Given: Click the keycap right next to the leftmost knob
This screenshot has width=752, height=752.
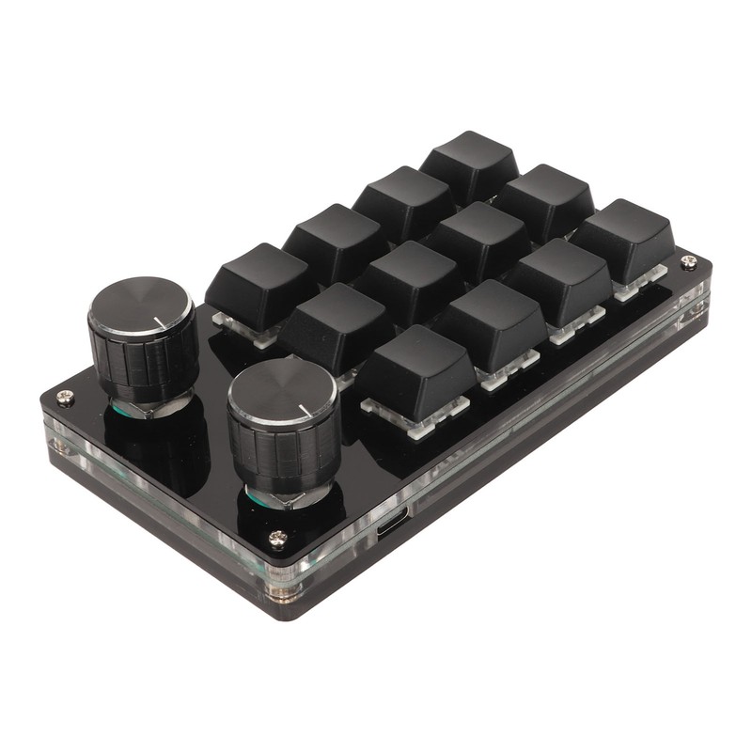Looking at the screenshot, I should pyautogui.click(x=258, y=279).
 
